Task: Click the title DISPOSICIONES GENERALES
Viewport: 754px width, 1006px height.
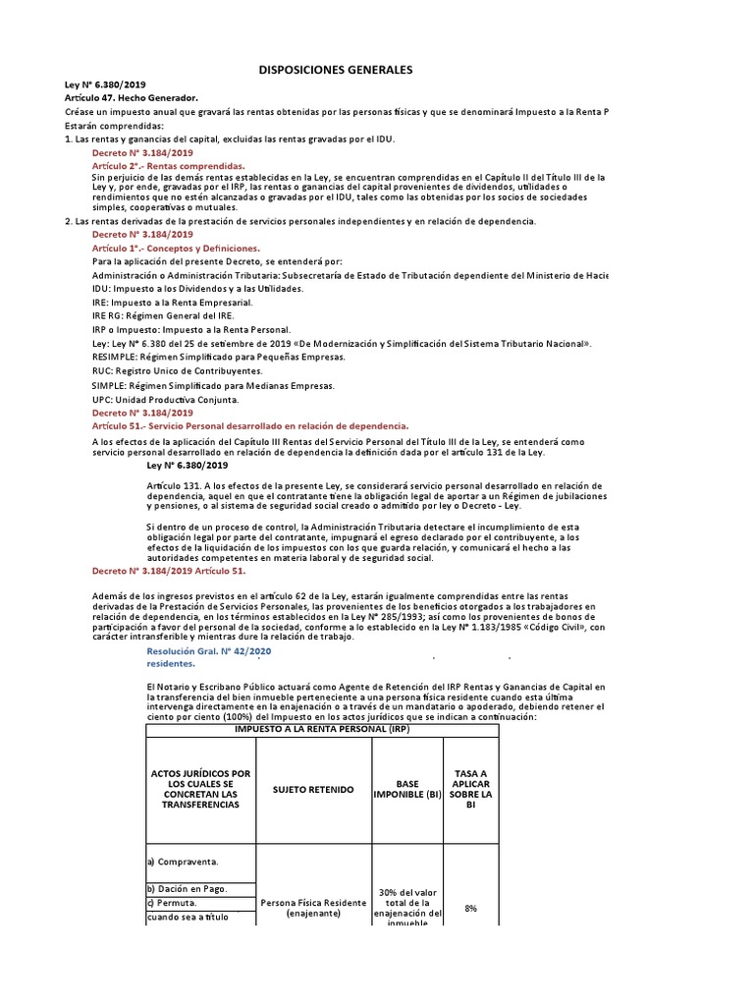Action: [x=335, y=71]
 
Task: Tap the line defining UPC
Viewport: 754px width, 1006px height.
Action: [x=164, y=400]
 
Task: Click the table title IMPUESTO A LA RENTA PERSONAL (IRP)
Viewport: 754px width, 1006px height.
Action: [x=322, y=730]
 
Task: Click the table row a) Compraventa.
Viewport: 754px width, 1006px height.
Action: [x=183, y=862]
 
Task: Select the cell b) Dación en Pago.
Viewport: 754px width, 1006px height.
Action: [x=188, y=888]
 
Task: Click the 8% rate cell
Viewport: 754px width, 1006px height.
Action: [x=471, y=909]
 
